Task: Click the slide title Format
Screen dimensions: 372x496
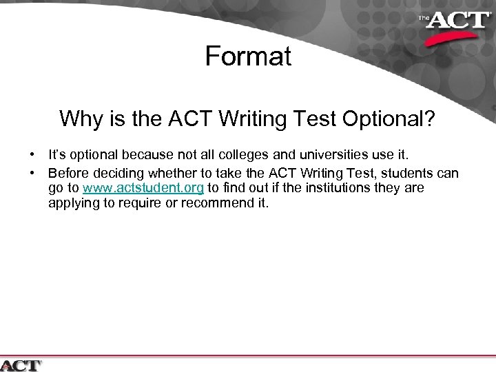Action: pos(248,56)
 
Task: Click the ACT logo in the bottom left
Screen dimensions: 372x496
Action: pos(21,364)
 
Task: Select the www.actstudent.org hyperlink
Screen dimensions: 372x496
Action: pos(143,188)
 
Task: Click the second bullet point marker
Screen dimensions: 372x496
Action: pos(32,172)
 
